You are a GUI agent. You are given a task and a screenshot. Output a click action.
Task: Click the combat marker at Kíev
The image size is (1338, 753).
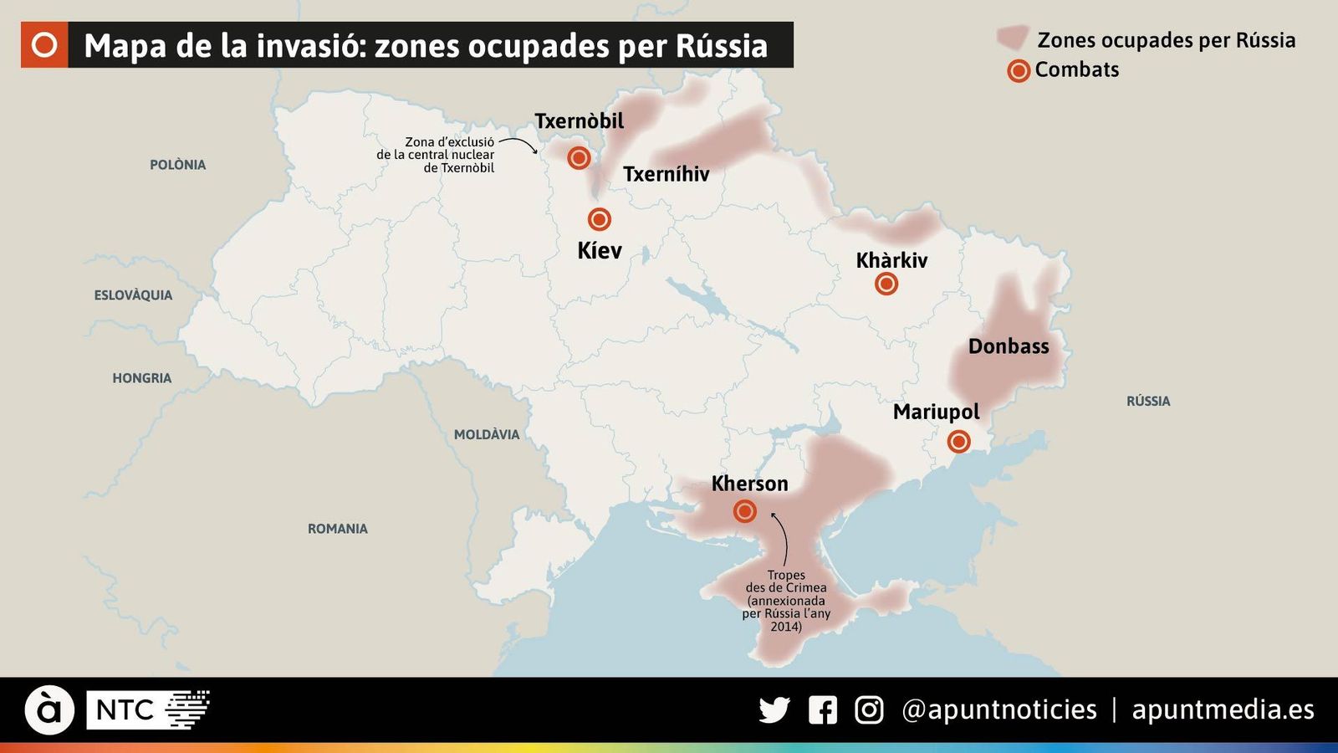599,219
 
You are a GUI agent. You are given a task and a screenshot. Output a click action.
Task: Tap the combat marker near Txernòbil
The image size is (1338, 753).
579,157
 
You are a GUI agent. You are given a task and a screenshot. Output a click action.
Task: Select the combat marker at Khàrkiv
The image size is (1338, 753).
886,284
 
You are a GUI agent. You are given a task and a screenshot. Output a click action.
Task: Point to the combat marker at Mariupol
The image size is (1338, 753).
959,441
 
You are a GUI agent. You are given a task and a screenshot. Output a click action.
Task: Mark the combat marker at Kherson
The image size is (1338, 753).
744,510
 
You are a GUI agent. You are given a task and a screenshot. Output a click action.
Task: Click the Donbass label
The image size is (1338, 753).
1008,346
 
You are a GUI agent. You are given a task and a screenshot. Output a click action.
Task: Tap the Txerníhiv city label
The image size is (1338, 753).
666,174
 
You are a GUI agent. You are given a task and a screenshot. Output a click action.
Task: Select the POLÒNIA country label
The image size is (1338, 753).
177,165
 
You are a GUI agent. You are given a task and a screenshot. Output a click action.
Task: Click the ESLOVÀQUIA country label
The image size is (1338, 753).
133,295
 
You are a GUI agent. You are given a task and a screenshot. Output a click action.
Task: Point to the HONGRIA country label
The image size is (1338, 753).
141,378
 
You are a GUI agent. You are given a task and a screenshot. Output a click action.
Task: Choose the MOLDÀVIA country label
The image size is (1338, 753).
486,434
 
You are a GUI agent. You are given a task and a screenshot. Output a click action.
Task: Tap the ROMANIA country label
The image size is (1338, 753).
337,529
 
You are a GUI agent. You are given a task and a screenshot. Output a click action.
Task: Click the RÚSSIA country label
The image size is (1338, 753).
1147,402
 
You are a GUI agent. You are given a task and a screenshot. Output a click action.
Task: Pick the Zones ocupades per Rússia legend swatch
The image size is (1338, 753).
1012,38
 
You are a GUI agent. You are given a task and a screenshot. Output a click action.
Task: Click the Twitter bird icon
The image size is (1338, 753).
774,710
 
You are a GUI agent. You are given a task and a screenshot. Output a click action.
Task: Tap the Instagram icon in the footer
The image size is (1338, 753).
869,710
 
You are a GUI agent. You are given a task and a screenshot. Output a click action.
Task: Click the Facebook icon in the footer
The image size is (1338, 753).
822,710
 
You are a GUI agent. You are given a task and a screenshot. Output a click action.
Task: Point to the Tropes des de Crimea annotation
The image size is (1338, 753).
786,601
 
